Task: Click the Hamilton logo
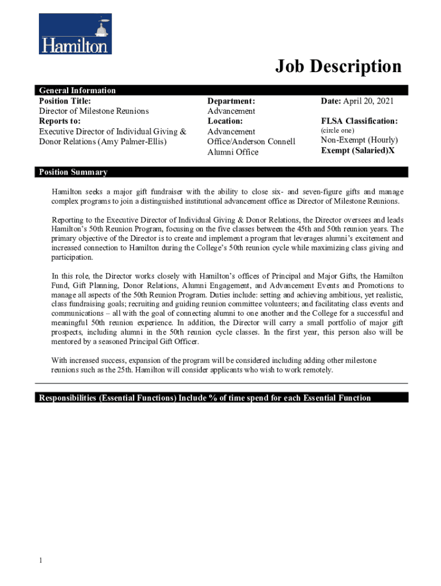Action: pos(75,34)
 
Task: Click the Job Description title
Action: pos(338,66)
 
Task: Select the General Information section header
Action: pos(77,90)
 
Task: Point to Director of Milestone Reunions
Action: pos(93,111)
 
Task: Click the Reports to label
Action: pos(60,121)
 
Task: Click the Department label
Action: pos(231,101)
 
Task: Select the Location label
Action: pos(225,121)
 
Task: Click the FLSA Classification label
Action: pos(359,121)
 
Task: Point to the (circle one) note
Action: pos(337,130)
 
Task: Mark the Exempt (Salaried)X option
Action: pos(357,151)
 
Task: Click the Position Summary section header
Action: pos(73,172)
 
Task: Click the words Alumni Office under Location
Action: pos(233,152)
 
